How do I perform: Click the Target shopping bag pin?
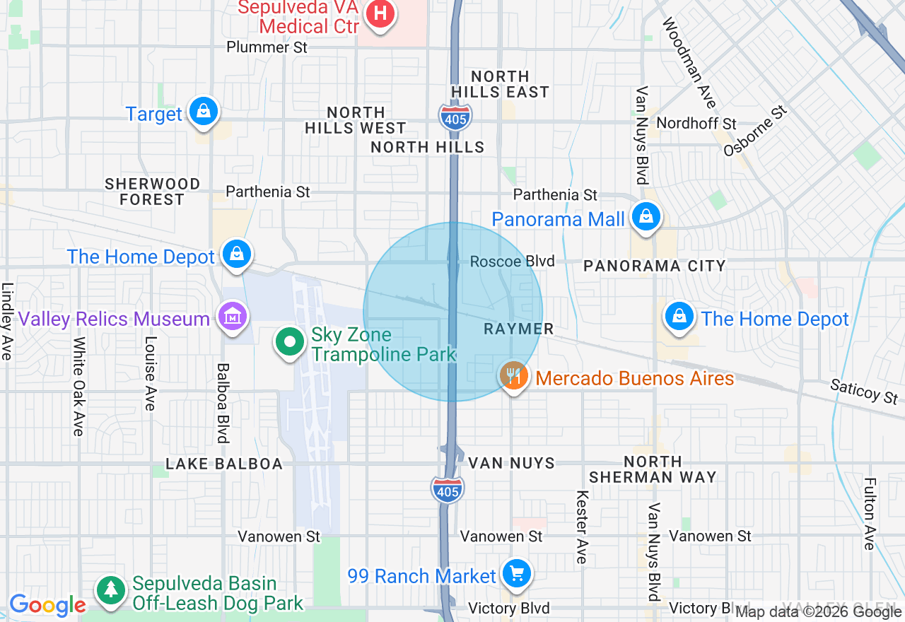click(x=204, y=112)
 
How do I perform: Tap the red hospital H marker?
click(x=380, y=13)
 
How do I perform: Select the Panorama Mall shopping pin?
click(x=646, y=217)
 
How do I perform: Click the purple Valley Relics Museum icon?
click(x=233, y=317)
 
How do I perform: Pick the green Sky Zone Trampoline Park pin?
click(x=288, y=343)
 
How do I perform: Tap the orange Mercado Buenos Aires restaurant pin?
click(x=514, y=376)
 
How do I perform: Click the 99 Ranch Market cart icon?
click(x=517, y=573)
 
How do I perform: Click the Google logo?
click(x=47, y=605)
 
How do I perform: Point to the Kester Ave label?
click(x=582, y=527)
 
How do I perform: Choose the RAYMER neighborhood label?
click(x=518, y=329)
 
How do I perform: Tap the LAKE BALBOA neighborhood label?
click(x=223, y=464)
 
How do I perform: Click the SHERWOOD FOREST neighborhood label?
click(x=152, y=192)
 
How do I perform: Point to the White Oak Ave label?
click(x=78, y=386)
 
